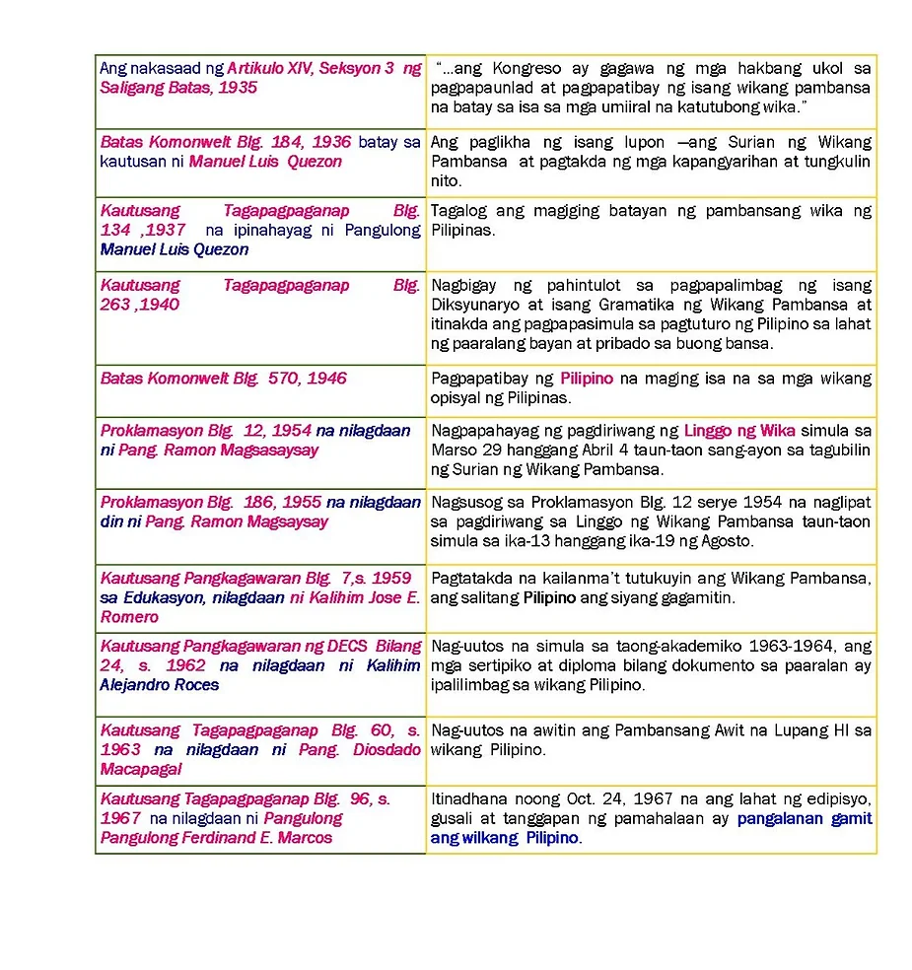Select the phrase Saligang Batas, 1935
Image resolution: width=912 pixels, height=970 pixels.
coord(178,88)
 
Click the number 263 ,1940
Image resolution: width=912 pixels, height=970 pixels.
coord(140,305)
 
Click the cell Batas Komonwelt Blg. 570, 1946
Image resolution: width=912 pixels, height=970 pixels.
coord(224,379)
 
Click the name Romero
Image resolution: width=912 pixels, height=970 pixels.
coord(129,617)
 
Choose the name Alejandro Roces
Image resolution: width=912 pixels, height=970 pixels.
coord(159,685)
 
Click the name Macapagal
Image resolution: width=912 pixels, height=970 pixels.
coord(141,770)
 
